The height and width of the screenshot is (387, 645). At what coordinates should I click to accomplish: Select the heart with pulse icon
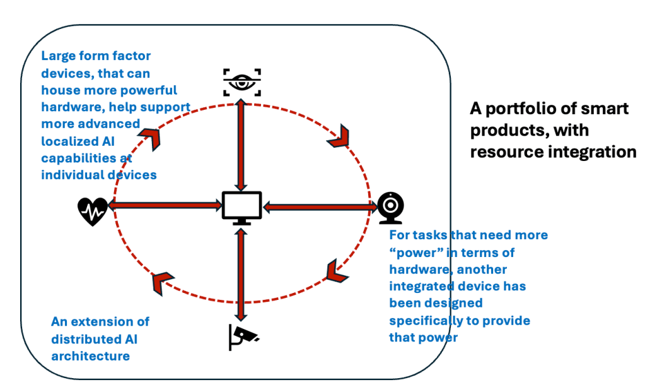click(x=92, y=211)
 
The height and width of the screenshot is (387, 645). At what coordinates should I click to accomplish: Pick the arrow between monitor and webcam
click(x=319, y=205)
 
